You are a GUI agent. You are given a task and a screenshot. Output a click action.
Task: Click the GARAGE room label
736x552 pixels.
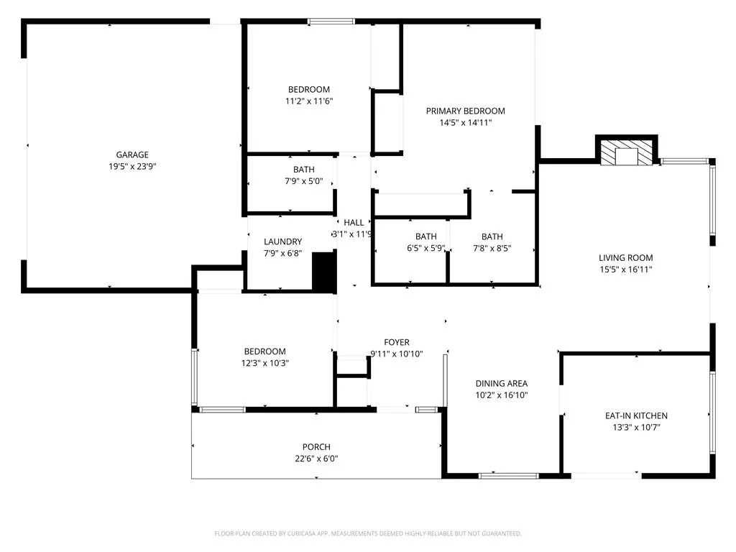click(132, 155)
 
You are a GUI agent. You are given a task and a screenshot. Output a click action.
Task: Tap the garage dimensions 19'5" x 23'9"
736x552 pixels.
click(132, 166)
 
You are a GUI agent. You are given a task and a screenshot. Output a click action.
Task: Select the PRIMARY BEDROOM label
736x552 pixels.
click(465, 111)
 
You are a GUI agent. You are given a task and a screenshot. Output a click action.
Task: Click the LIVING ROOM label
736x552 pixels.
click(625, 258)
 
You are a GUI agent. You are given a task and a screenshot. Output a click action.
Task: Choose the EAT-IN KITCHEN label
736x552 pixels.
click(635, 415)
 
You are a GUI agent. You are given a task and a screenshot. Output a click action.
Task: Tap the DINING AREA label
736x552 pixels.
click(501, 383)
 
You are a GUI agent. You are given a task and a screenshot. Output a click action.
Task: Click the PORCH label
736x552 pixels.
click(316, 447)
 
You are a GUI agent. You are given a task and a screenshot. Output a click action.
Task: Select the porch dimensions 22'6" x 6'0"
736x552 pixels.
click(316, 459)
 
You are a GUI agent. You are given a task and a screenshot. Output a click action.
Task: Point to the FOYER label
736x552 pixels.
click(396, 342)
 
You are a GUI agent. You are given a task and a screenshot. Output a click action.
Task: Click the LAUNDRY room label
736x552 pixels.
click(282, 241)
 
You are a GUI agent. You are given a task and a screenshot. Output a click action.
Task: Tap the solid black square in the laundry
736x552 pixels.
click(325, 272)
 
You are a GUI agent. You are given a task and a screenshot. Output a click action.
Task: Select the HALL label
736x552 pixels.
click(354, 223)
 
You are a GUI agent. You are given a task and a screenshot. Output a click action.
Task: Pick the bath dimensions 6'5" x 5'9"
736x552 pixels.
click(425, 249)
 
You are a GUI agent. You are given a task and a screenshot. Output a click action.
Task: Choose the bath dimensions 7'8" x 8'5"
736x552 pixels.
click(492, 249)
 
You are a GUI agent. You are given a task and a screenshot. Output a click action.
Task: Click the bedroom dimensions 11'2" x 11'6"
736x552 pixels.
click(308, 101)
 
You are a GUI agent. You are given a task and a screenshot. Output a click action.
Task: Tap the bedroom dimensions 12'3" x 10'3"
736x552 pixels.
click(265, 363)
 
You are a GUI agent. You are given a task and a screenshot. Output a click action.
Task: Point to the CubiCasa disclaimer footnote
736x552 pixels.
click(368, 533)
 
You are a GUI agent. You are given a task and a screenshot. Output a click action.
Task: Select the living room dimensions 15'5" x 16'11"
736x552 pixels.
click(625, 270)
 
